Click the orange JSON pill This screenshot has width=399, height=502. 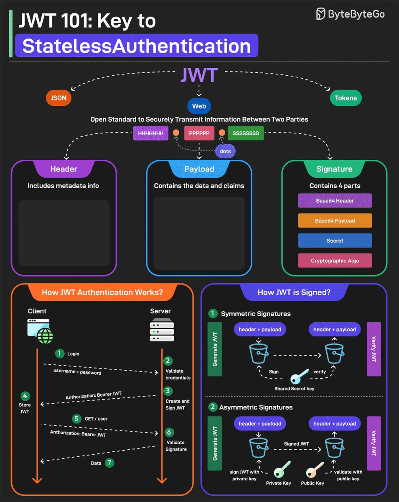point(58,98)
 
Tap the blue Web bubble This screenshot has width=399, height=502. point(199,106)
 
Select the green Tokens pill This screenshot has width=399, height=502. point(346,98)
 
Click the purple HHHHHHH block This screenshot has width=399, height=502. point(150,133)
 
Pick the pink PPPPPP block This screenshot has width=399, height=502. point(199,133)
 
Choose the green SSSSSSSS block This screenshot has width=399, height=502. point(246,133)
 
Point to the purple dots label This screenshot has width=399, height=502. point(225,151)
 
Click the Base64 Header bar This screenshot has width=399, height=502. point(335,201)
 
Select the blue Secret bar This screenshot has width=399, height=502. point(335,241)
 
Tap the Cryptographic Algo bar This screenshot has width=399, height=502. point(335,261)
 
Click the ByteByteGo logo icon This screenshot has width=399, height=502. point(321,14)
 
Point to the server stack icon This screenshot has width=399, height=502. point(162,329)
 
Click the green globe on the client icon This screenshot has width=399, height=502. point(45,336)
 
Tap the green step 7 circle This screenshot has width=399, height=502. point(109,463)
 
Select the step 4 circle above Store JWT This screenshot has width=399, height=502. point(25,396)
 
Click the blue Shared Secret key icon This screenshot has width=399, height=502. point(299,376)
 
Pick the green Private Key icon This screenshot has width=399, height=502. point(282,469)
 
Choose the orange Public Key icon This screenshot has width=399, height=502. point(315,469)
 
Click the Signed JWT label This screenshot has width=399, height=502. point(296,444)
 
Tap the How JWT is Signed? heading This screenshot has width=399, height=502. point(294,292)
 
